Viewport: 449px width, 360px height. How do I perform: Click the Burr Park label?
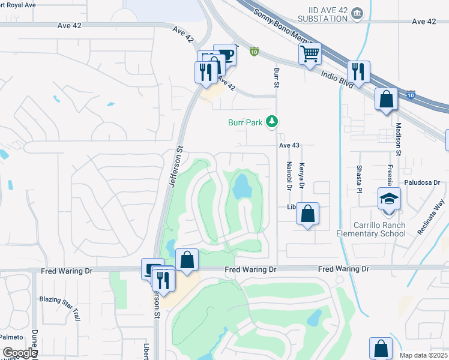point(245,122)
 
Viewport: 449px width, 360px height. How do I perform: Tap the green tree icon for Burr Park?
point(273,122)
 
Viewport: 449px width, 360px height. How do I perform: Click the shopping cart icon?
point(310,54)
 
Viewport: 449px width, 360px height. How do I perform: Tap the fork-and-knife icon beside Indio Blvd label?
point(358,72)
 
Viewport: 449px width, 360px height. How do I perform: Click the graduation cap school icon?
point(388,198)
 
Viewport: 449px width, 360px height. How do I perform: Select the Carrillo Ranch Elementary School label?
point(380,229)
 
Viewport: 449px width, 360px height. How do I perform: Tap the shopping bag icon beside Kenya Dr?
point(307,214)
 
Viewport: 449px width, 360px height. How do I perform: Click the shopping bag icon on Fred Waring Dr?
point(187,260)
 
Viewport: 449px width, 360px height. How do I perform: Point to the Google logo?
point(20,353)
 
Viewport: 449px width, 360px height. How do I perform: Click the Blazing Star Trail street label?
point(59,299)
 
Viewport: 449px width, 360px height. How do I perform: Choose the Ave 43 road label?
point(289,145)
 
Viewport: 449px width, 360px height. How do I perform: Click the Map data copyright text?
point(423,355)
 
